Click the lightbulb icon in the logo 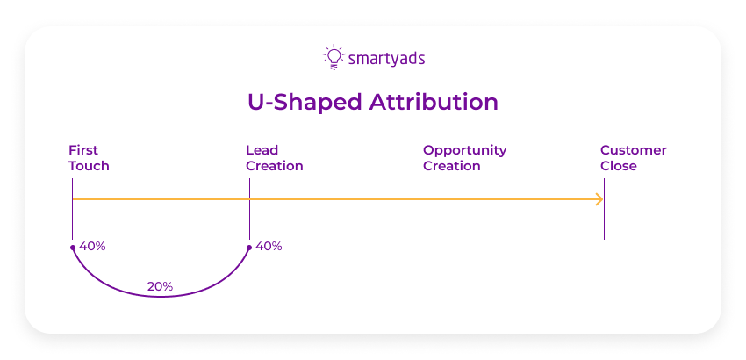click(333, 56)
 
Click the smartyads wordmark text click(386, 59)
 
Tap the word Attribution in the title click(434, 102)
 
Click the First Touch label click(89, 158)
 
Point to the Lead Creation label click(274, 158)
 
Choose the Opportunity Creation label click(464, 158)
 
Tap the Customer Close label click(633, 158)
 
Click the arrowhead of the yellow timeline click(600, 200)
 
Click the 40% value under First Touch click(92, 247)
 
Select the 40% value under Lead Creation click(269, 247)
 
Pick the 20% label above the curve click(160, 286)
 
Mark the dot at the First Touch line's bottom click(73, 248)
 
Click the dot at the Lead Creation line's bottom click(249, 248)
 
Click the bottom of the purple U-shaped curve click(161, 297)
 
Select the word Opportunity click(464, 150)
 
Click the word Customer click(633, 150)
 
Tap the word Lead click(262, 150)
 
